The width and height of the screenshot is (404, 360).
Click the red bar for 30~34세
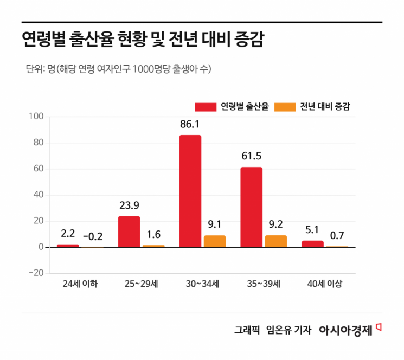coord(190,191)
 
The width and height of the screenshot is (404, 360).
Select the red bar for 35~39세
coord(252,207)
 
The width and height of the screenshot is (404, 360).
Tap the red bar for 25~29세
coord(129,232)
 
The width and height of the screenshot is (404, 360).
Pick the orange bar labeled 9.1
coord(215,241)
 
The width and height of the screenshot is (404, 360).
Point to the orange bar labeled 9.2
coord(276,241)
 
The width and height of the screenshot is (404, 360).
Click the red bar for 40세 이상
coord(312,244)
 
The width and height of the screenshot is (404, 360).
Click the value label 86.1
coord(190,125)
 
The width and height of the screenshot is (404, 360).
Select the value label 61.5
coord(252,157)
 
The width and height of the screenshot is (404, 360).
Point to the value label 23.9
coord(129,206)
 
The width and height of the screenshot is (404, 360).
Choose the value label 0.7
coord(337,236)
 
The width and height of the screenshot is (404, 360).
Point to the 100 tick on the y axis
coord(36,117)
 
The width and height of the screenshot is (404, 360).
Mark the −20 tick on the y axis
coord(36,273)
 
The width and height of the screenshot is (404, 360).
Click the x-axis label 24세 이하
coord(80,284)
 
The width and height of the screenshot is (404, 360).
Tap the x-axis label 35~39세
coord(264,284)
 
